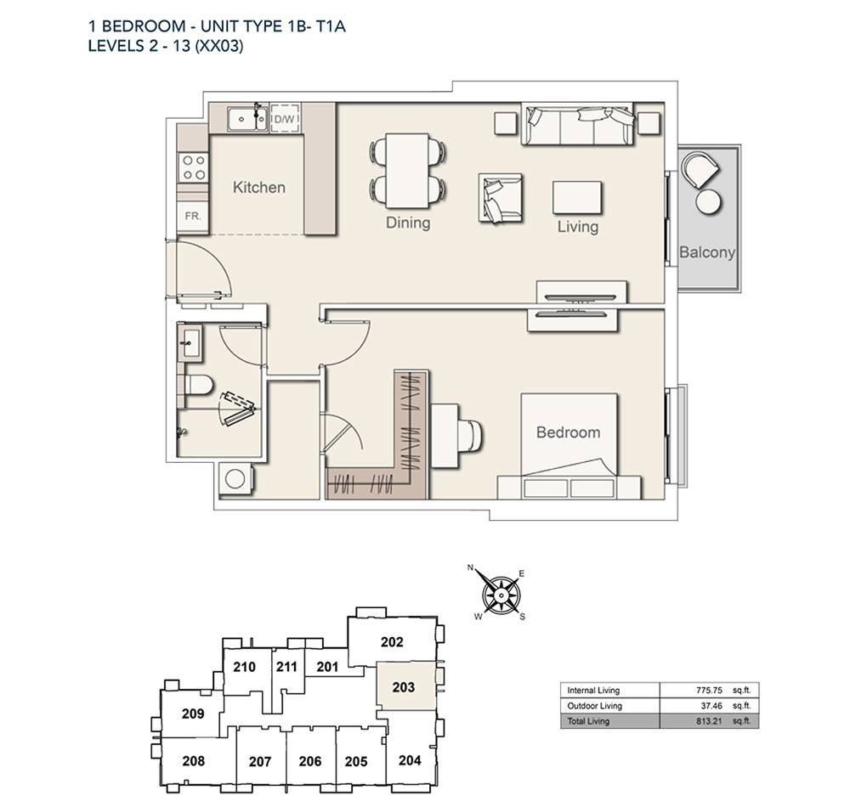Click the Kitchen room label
click(258, 188)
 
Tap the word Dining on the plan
click(408, 223)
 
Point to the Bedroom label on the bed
click(568, 432)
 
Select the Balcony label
click(707, 252)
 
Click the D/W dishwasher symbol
click(285, 117)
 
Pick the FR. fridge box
click(192, 216)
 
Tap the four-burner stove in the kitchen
click(194, 167)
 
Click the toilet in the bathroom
click(197, 385)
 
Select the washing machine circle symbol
click(235, 478)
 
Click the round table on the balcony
click(709, 202)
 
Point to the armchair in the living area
click(500, 198)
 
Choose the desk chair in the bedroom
click(471, 435)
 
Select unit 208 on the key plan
click(194, 761)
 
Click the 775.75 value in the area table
click(709, 691)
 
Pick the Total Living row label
click(588, 721)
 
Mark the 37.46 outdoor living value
click(711, 706)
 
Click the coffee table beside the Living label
click(577, 198)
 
